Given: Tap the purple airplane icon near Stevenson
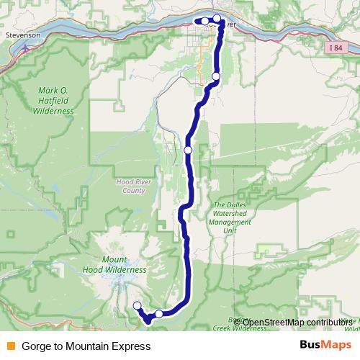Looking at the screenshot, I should [26, 48].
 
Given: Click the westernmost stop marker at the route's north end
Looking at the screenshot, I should [205, 20].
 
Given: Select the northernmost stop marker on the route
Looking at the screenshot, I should [217, 18].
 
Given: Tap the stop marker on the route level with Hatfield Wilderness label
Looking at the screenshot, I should [216, 76].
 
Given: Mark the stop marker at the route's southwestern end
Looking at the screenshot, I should [137, 306].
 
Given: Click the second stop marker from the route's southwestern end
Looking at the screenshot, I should [158, 314].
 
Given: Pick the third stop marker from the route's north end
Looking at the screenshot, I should [216, 76].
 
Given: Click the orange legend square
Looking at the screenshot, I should [9, 346].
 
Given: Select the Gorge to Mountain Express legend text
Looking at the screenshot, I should [86, 346].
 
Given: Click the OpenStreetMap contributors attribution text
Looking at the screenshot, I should [296, 323].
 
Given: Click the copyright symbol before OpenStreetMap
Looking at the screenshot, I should [238, 323].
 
